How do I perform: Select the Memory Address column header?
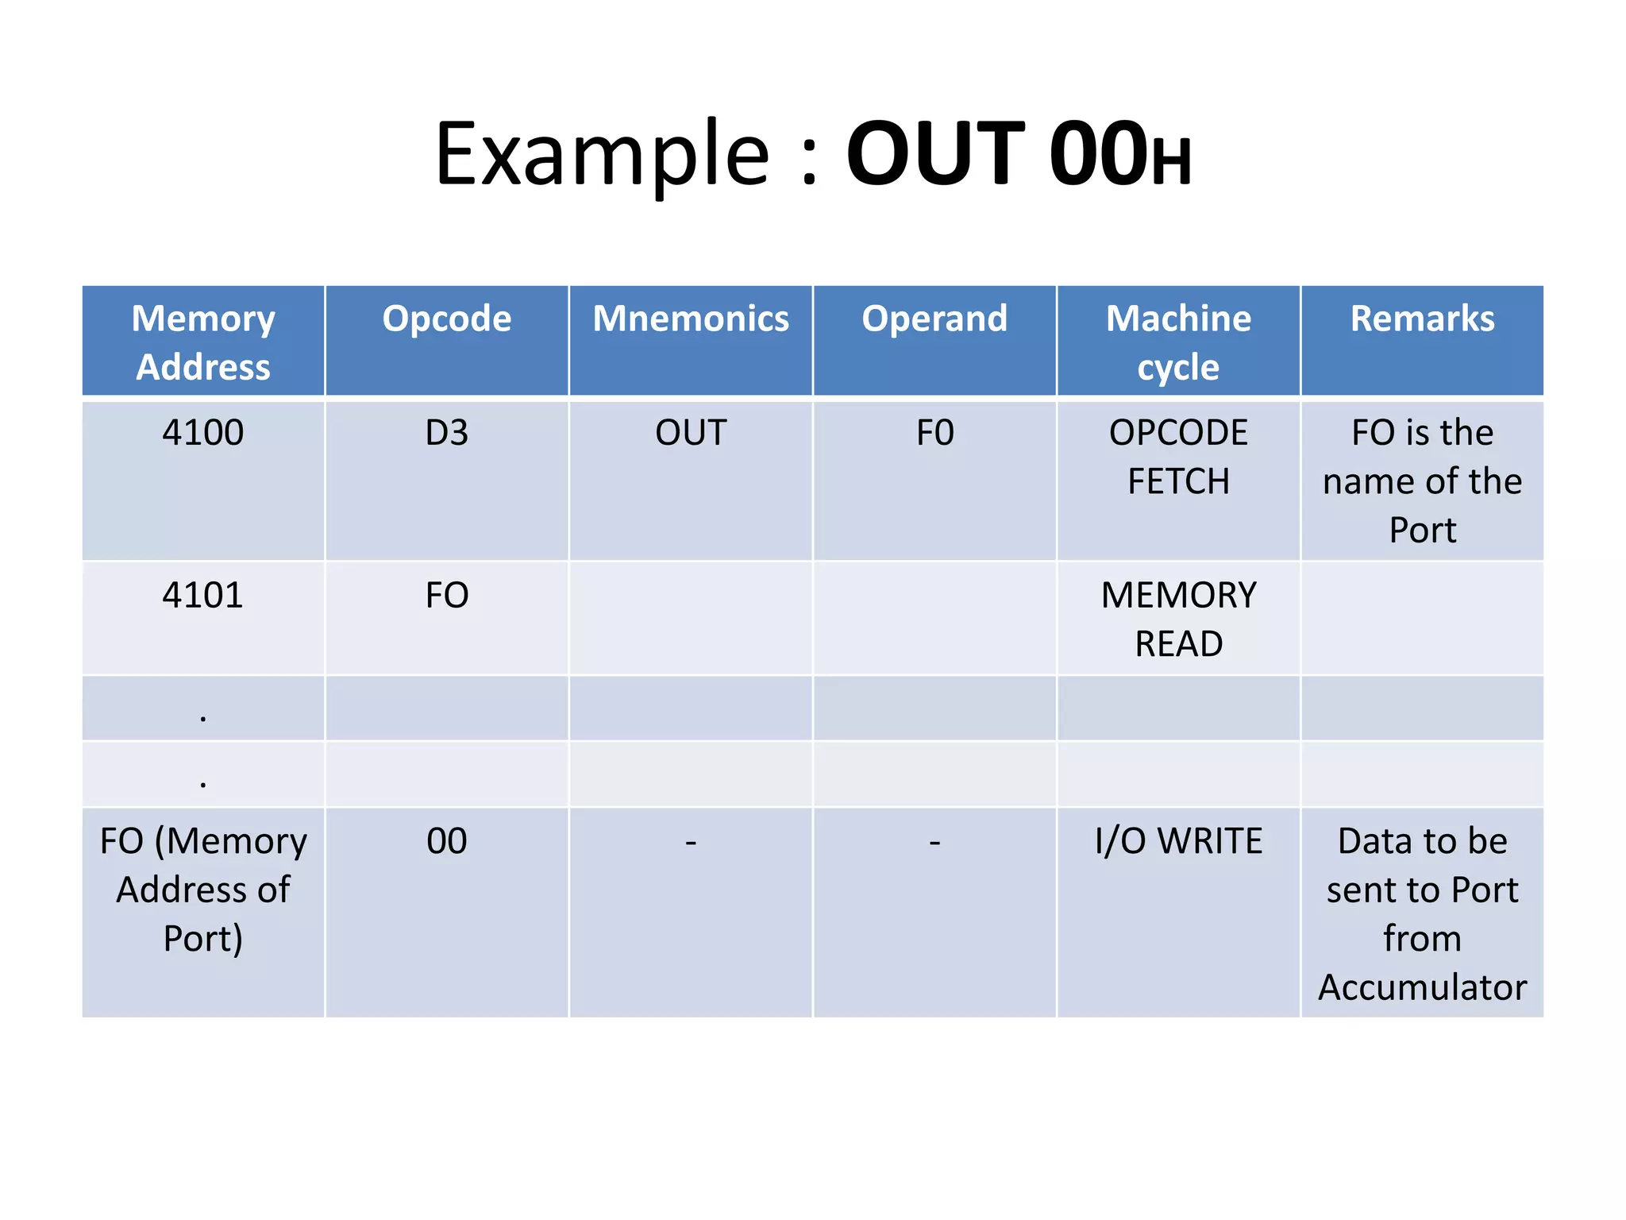click(x=203, y=342)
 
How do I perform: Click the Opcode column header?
click(x=446, y=319)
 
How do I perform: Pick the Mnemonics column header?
click(x=691, y=319)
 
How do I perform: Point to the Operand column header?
click(x=934, y=319)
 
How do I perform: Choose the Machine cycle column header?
click(x=1178, y=342)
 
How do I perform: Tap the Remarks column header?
click(x=1422, y=319)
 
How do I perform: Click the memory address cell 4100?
click(x=203, y=434)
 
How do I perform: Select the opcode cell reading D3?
click(x=446, y=434)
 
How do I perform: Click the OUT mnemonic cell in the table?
click(x=691, y=434)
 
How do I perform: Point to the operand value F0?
click(x=934, y=434)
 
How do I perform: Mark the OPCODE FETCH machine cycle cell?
click(x=1178, y=457)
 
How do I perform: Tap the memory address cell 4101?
click(x=203, y=596)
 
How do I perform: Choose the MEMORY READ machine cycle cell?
click(x=1178, y=619)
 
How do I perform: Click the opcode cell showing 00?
click(x=446, y=841)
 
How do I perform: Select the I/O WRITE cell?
click(x=1178, y=841)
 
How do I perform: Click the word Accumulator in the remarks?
click(x=1422, y=987)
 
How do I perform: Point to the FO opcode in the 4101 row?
click(x=446, y=596)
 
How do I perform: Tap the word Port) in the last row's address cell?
click(x=203, y=939)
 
